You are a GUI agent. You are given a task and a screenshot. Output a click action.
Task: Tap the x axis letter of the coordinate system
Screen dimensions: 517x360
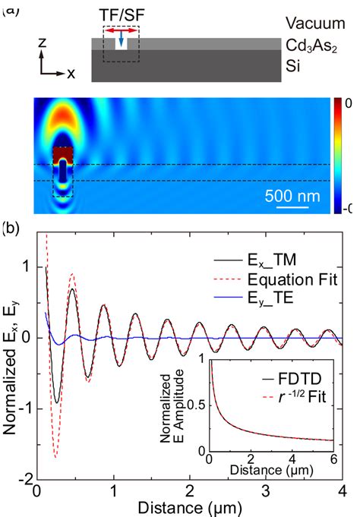point(71,74)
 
